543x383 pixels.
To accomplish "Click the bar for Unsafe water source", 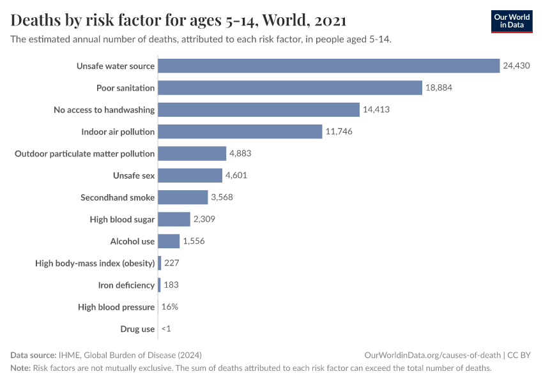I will (328, 66).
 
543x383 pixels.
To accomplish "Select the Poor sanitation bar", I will (290, 87).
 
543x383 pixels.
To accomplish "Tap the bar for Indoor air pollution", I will (240, 131).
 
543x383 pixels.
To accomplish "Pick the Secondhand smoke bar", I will (183, 197).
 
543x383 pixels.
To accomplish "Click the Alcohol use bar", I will (169, 241).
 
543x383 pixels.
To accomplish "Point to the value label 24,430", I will (516, 66).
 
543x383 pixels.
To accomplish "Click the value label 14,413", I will (376, 110).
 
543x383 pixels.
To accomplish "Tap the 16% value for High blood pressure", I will (170, 307).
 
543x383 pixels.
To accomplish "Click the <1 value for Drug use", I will (166, 329).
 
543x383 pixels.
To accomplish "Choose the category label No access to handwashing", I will (104, 110).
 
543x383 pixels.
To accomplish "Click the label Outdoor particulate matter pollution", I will (85, 153).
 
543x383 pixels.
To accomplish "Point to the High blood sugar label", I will (122, 220).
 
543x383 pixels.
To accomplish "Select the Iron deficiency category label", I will (126, 285).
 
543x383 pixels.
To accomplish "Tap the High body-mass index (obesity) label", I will (95, 263).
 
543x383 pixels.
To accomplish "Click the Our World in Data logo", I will (511, 22).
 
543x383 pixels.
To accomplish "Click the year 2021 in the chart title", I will (330, 20).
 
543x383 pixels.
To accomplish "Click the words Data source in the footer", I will (33, 355).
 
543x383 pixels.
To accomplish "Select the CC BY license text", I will (520, 355).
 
